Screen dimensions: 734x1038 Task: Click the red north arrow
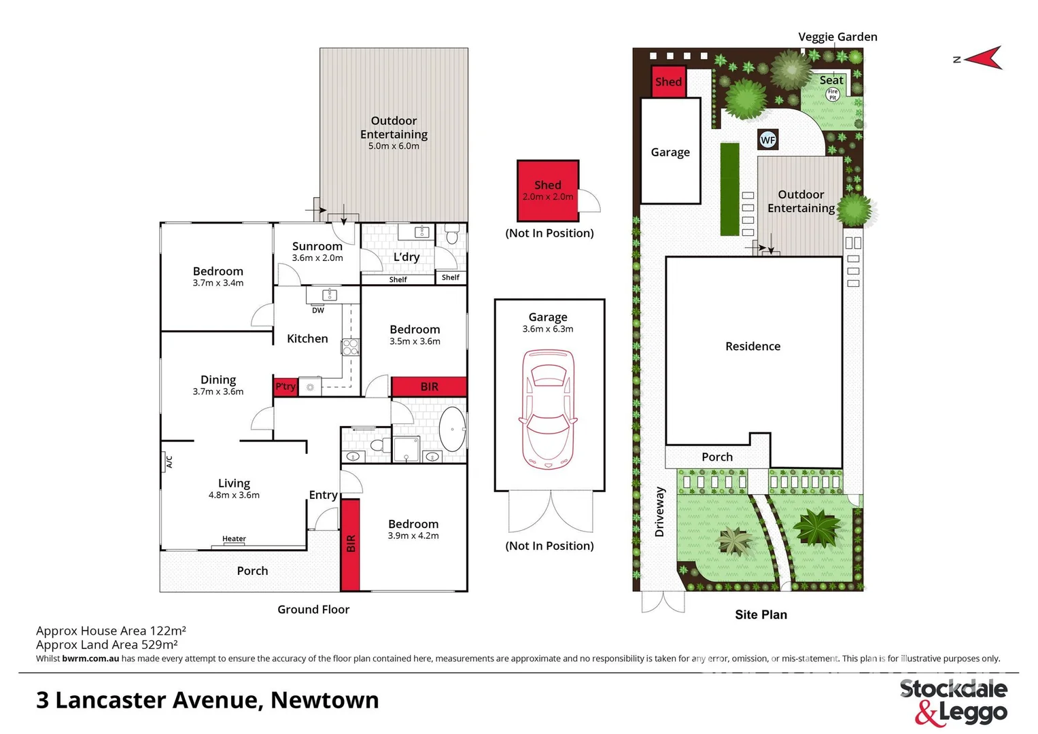tap(984, 58)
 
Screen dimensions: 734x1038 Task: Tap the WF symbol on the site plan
tap(767, 140)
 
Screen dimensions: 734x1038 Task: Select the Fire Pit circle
tap(833, 94)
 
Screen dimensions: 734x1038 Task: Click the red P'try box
tap(286, 386)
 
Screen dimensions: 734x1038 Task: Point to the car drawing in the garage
tap(548, 409)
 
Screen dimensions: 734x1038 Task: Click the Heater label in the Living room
tap(234, 539)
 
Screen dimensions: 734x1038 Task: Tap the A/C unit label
tap(169, 462)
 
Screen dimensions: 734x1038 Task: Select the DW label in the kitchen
tap(318, 311)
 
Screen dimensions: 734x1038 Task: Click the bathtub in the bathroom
tap(452, 429)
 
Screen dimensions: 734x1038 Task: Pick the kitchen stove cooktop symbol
tap(350, 347)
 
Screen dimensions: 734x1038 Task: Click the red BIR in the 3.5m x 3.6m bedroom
tap(429, 387)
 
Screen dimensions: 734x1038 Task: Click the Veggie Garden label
tap(837, 37)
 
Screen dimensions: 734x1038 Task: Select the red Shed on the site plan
tap(668, 82)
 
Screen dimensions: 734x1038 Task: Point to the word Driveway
tap(659, 512)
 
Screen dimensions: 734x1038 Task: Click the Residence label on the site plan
tap(752, 347)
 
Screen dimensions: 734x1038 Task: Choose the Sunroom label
tap(317, 247)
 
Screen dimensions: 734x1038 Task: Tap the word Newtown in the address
tap(325, 700)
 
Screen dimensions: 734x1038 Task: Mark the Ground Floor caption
tap(313, 610)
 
